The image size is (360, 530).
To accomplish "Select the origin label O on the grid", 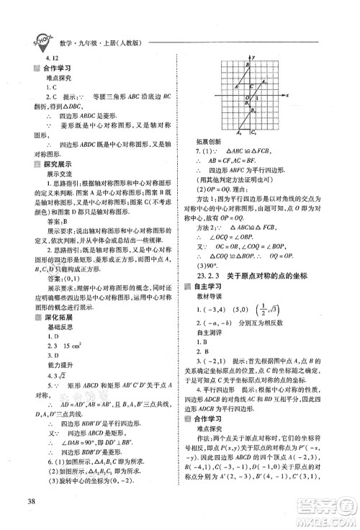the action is click(245, 98).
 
